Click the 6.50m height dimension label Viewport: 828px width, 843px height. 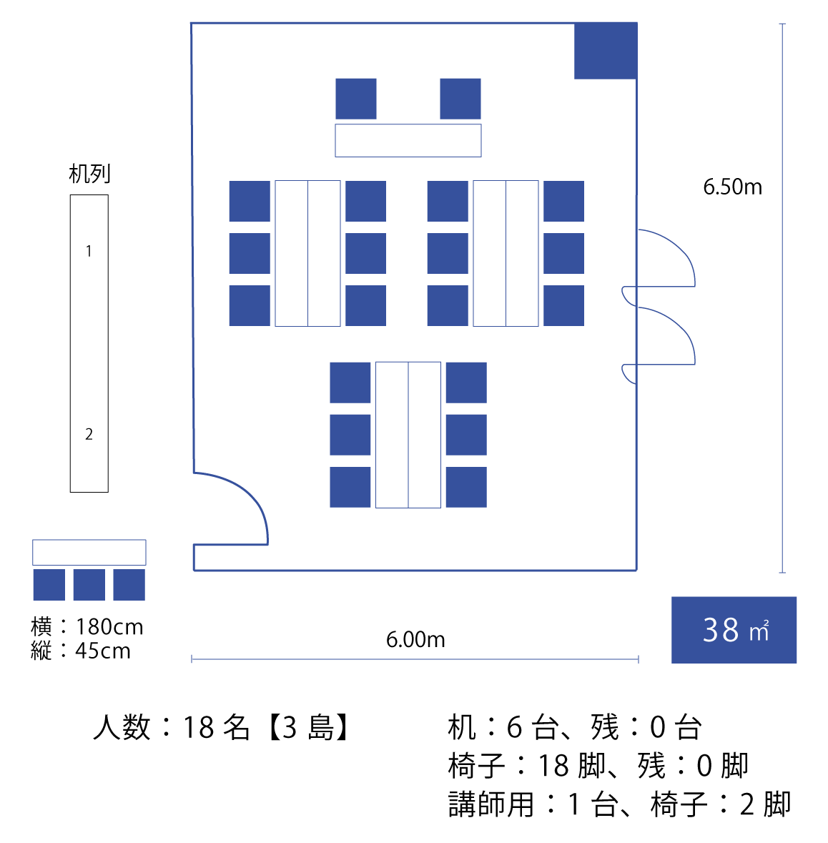(x=732, y=187)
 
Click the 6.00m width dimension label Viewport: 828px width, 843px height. (x=415, y=639)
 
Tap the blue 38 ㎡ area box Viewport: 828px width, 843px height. (x=734, y=630)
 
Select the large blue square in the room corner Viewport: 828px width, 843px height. (x=606, y=51)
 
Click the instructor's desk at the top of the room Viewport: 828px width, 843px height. (x=408, y=140)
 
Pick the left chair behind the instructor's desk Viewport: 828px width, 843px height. (x=356, y=99)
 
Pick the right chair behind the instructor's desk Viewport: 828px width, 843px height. (x=460, y=99)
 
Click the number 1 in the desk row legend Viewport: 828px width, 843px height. (x=89, y=251)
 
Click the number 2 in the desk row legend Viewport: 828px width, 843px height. (x=89, y=434)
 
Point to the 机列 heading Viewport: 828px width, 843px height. (x=89, y=174)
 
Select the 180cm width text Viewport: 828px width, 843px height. (x=109, y=627)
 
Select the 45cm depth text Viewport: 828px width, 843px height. (x=103, y=651)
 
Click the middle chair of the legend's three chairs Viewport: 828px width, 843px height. (x=89, y=585)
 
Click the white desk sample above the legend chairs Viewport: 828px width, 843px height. (x=89, y=553)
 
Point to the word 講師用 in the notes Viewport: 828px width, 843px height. (x=491, y=804)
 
